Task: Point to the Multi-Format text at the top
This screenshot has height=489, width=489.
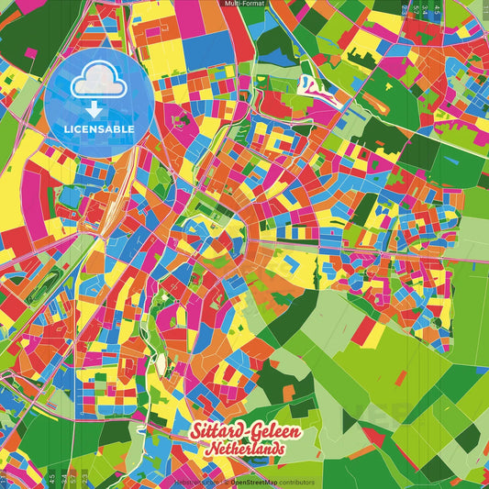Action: [x=244, y=5]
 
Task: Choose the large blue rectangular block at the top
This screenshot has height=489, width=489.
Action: [x=207, y=51]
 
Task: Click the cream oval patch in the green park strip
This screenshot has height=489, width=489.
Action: [x=162, y=364]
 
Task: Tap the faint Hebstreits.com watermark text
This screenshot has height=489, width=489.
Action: [x=194, y=482]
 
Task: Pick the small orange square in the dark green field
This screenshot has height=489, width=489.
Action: [x=288, y=394]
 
